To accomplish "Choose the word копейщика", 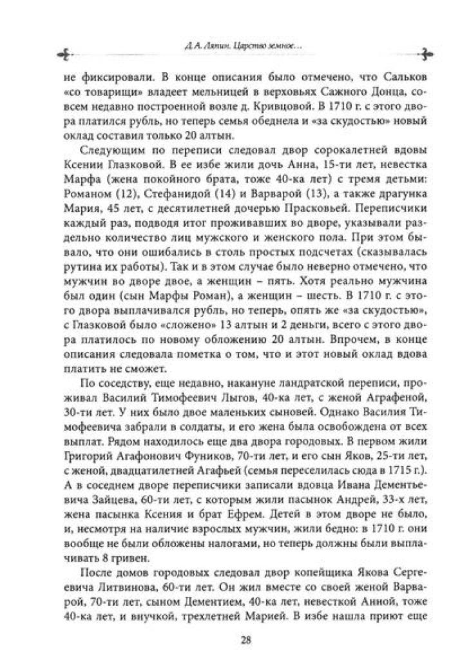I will (x=288, y=558).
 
